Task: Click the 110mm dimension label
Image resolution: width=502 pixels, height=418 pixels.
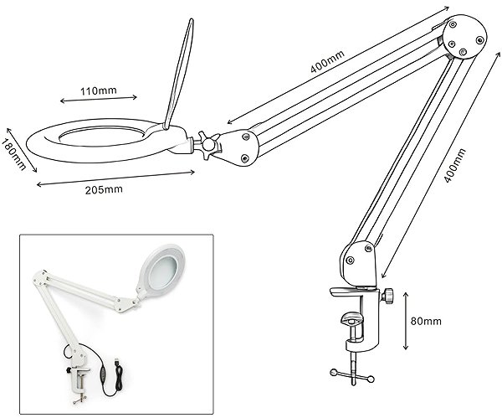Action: (98, 91)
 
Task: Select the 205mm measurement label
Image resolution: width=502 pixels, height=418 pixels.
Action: (104, 190)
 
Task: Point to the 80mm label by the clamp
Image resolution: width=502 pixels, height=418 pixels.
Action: (426, 321)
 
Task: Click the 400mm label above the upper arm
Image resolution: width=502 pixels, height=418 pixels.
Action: (327, 61)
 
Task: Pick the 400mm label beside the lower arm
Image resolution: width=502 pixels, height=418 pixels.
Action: (455, 165)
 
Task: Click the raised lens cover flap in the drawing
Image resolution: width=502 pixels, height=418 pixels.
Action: (179, 74)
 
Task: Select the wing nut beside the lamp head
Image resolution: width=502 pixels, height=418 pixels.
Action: (208, 144)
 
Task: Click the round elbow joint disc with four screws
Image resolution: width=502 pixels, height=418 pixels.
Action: (466, 37)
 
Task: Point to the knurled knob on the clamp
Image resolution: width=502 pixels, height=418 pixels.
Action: (387, 296)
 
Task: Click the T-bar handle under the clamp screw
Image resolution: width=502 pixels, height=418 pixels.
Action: (352, 375)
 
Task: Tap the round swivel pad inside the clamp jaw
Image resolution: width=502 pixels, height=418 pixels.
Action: (351, 319)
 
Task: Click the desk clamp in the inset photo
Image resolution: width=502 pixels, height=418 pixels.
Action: (79, 383)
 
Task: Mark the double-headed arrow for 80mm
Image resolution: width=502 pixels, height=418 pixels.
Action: (406, 321)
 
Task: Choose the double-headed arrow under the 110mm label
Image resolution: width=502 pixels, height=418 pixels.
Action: (99, 100)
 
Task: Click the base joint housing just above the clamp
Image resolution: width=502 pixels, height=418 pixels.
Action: (359, 265)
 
